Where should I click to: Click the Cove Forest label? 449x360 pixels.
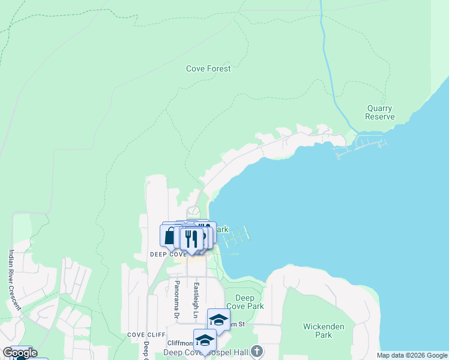click(x=208, y=69)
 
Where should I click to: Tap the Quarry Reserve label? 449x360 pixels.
click(x=380, y=112)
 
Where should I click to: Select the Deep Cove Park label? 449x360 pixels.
click(x=250, y=302)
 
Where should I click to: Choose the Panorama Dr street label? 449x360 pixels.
click(x=177, y=298)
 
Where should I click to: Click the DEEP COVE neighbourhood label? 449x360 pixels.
click(x=169, y=254)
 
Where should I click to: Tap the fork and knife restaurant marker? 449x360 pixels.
click(x=191, y=238)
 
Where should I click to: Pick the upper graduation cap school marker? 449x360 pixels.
click(x=218, y=319)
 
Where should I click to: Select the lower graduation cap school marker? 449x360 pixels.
click(x=205, y=340)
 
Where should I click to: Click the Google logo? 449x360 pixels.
click(x=20, y=353)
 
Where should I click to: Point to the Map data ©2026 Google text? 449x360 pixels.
click(x=412, y=355)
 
